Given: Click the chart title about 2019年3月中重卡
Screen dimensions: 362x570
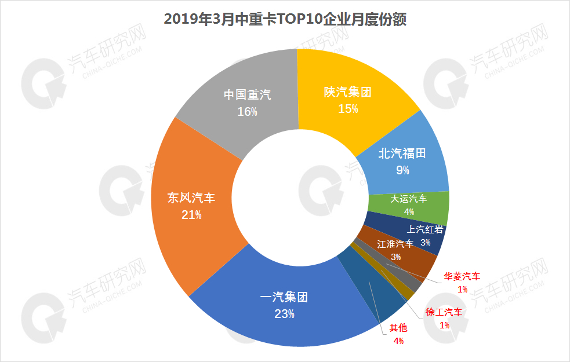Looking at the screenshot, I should [x=285, y=19].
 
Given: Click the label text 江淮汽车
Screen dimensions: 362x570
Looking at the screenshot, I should [x=395, y=244].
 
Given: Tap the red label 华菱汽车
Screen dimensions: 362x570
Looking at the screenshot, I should [x=462, y=276].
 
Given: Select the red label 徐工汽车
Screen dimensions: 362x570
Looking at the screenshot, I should [x=444, y=313].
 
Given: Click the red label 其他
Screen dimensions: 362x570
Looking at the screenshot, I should [x=398, y=328].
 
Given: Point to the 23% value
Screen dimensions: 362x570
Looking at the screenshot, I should [x=284, y=314].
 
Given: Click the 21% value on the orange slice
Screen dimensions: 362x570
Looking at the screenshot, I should [x=191, y=214].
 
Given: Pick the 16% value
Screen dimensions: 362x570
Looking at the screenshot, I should [x=247, y=111].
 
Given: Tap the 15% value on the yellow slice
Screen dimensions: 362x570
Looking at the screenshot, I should [x=348, y=108].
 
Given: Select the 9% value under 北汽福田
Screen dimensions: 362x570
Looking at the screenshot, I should [x=402, y=170].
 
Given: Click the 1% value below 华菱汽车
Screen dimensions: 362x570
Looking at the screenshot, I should [x=462, y=289].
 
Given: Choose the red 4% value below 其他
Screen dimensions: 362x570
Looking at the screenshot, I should [x=398, y=341].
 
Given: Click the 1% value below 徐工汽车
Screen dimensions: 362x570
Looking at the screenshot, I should [x=444, y=326].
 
